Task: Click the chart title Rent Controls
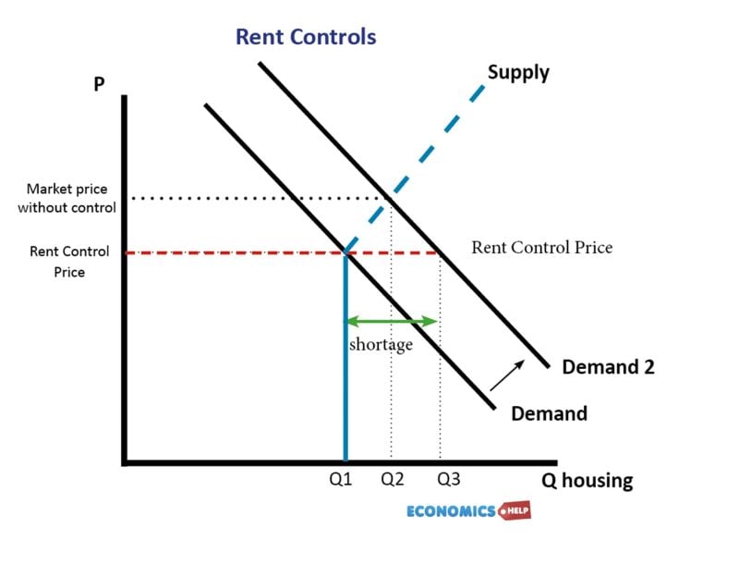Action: pos(306,37)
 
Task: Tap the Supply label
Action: pos(518,72)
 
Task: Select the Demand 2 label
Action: pos(608,366)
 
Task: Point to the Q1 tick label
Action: pos(342,480)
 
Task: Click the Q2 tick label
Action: pos(393,480)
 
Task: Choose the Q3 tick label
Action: pos(449,480)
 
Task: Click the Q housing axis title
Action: pos(588,481)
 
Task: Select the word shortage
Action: pos(381,345)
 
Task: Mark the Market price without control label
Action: pos(67,198)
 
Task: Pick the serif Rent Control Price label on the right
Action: pos(541,247)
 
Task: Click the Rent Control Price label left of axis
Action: pos(69,262)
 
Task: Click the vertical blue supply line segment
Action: pos(345,370)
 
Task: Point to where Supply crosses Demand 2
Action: pos(391,198)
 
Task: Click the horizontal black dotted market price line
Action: pos(259,198)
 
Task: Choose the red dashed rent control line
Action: pos(231,252)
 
